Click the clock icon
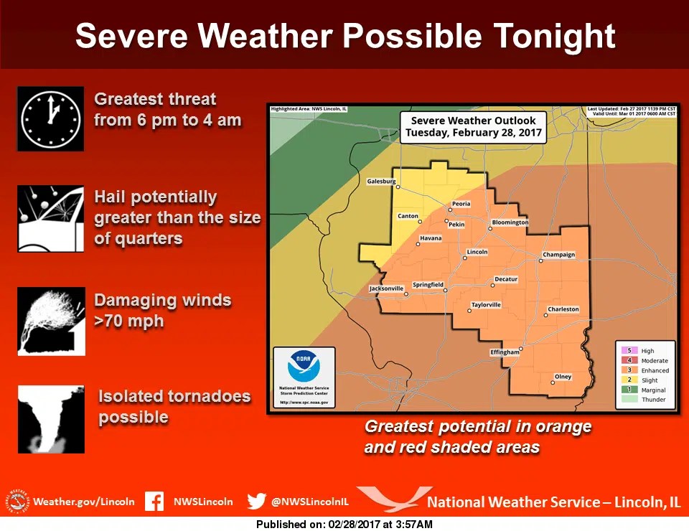(50, 118)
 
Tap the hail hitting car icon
(50, 219)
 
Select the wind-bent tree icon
(51, 321)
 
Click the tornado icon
(50, 420)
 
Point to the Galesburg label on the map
(381, 182)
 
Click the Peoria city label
(461, 204)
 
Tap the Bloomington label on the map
(510, 222)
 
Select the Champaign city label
(558, 255)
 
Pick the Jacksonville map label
(386, 288)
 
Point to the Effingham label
(504, 352)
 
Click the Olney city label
(563, 377)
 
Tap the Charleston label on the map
(563, 309)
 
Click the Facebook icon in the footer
(154, 502)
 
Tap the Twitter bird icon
(256, 502)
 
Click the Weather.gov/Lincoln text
(83, 502)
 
